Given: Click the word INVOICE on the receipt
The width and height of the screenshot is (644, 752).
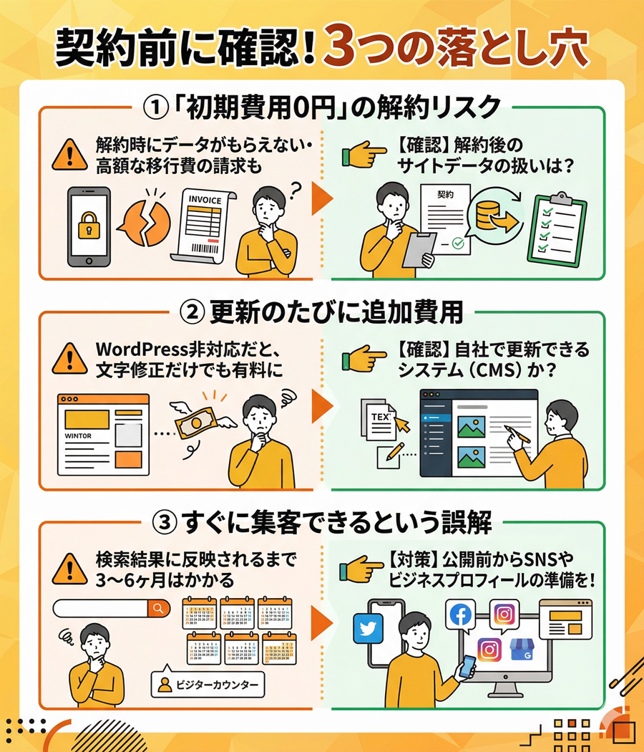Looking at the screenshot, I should (205, 201).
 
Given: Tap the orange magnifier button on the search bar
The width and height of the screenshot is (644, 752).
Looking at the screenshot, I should (159, 608).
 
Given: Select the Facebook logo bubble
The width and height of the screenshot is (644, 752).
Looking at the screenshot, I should (462, 614).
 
